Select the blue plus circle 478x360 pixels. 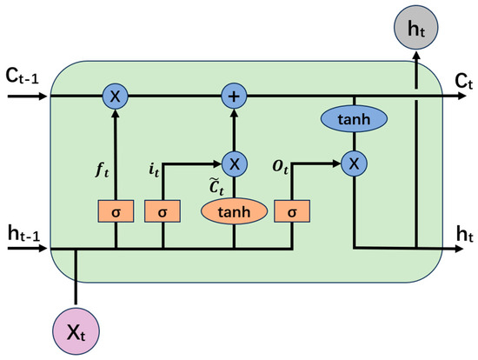pyautogui.click(x=233, y=94)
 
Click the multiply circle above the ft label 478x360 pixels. pyautogui.click(x=115, y=94)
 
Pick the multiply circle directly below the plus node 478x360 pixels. pyautogui.click(x=233, y=163)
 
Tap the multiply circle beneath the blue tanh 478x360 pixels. pyautogui.click(x=353, y=163)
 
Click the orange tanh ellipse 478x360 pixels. pyautogui.click(x=233, y=212)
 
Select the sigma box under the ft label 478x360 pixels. pyautogui.click(x=115, y=212)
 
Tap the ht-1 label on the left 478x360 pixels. pyautogui.click(x=22, y=234)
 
